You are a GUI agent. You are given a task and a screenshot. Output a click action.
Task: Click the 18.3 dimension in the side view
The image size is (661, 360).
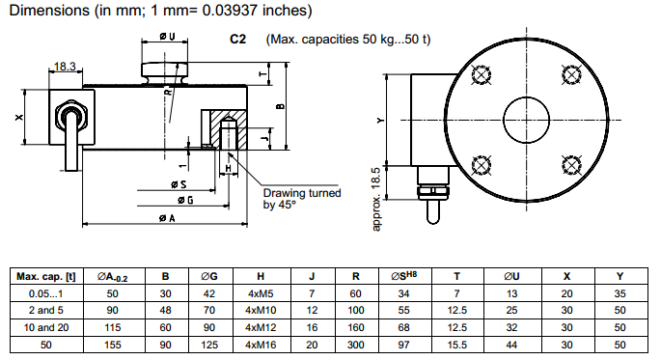click(65, 67)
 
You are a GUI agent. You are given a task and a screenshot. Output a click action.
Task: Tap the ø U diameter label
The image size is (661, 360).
click(167, 37)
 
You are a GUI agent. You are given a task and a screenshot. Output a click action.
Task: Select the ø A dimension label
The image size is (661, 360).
click(167, 218)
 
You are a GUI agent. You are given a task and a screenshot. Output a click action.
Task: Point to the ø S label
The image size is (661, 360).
click(179, 184)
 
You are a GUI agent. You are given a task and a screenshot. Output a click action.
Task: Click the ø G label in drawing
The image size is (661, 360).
click(185, 200)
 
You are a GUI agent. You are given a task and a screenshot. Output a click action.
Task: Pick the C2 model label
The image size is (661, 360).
click(237, 40)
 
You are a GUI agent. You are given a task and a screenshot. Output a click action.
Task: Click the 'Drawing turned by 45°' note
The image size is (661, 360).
click(302, 199)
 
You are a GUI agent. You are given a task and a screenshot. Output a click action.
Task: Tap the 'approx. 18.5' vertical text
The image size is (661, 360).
click(376, 199)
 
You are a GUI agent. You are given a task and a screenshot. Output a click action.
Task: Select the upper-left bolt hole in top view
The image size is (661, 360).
click(481, 75)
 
